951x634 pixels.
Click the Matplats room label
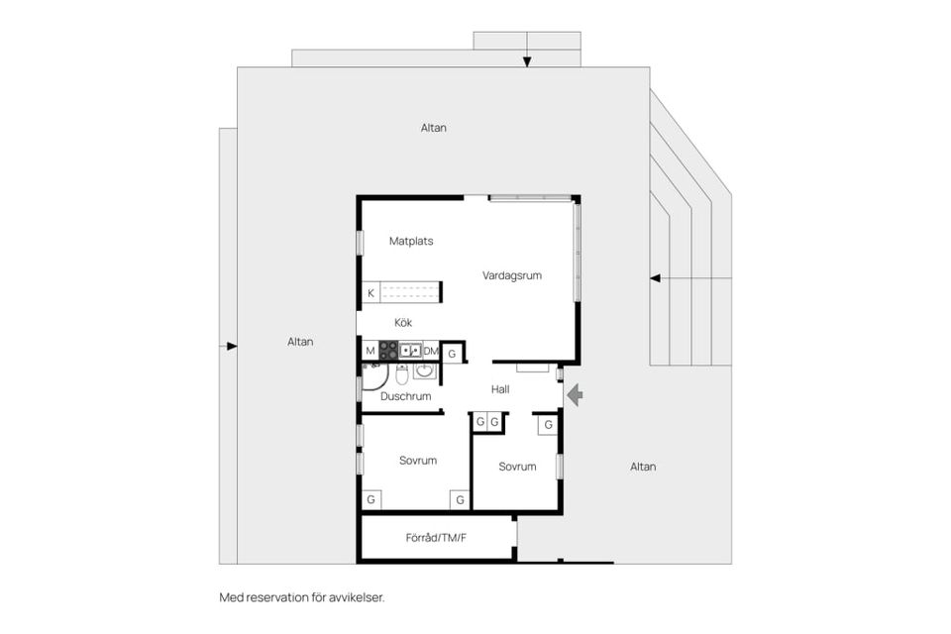pos(411,241)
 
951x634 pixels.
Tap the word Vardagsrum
pos(512,275)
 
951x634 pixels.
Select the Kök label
pos(403,322)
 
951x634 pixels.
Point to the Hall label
pos(500,389)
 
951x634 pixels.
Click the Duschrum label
pos(406,396)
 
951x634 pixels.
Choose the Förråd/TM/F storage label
pos(436,538)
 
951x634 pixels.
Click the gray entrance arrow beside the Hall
pos(575,395)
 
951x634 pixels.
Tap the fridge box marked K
pos(371,292)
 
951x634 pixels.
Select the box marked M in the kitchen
pos(370,351)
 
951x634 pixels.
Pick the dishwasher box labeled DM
pos(431,351)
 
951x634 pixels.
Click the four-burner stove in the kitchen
pos(388,351)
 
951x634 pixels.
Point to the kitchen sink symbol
pos(410,351)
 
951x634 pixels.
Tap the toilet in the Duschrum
pos(402,374)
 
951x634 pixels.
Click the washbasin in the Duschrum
pos(425,370)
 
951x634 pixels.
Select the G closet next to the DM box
pos(452,354)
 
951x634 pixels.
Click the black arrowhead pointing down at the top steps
pos(527,61)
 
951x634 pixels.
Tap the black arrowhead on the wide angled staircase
pos(655,278)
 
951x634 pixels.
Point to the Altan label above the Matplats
pos(434,128)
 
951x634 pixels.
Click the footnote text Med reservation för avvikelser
pos(302,597)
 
